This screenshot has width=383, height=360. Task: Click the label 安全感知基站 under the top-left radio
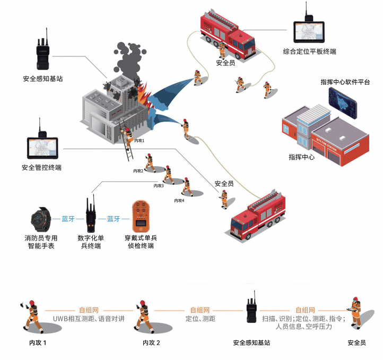point(43,79)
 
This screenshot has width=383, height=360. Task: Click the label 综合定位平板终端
point(309,52)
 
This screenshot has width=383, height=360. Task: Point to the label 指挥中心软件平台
point(345,82)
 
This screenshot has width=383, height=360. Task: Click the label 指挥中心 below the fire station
point(301,157)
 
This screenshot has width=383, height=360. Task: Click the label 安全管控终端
point(41,168)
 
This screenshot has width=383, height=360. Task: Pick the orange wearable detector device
point(140,216)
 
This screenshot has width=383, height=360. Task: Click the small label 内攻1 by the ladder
point(140,141)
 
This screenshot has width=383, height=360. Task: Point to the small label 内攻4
point(179,200)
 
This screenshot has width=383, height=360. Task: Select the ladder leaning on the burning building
point(127,146)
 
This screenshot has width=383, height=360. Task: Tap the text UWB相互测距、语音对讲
point(88,319)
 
